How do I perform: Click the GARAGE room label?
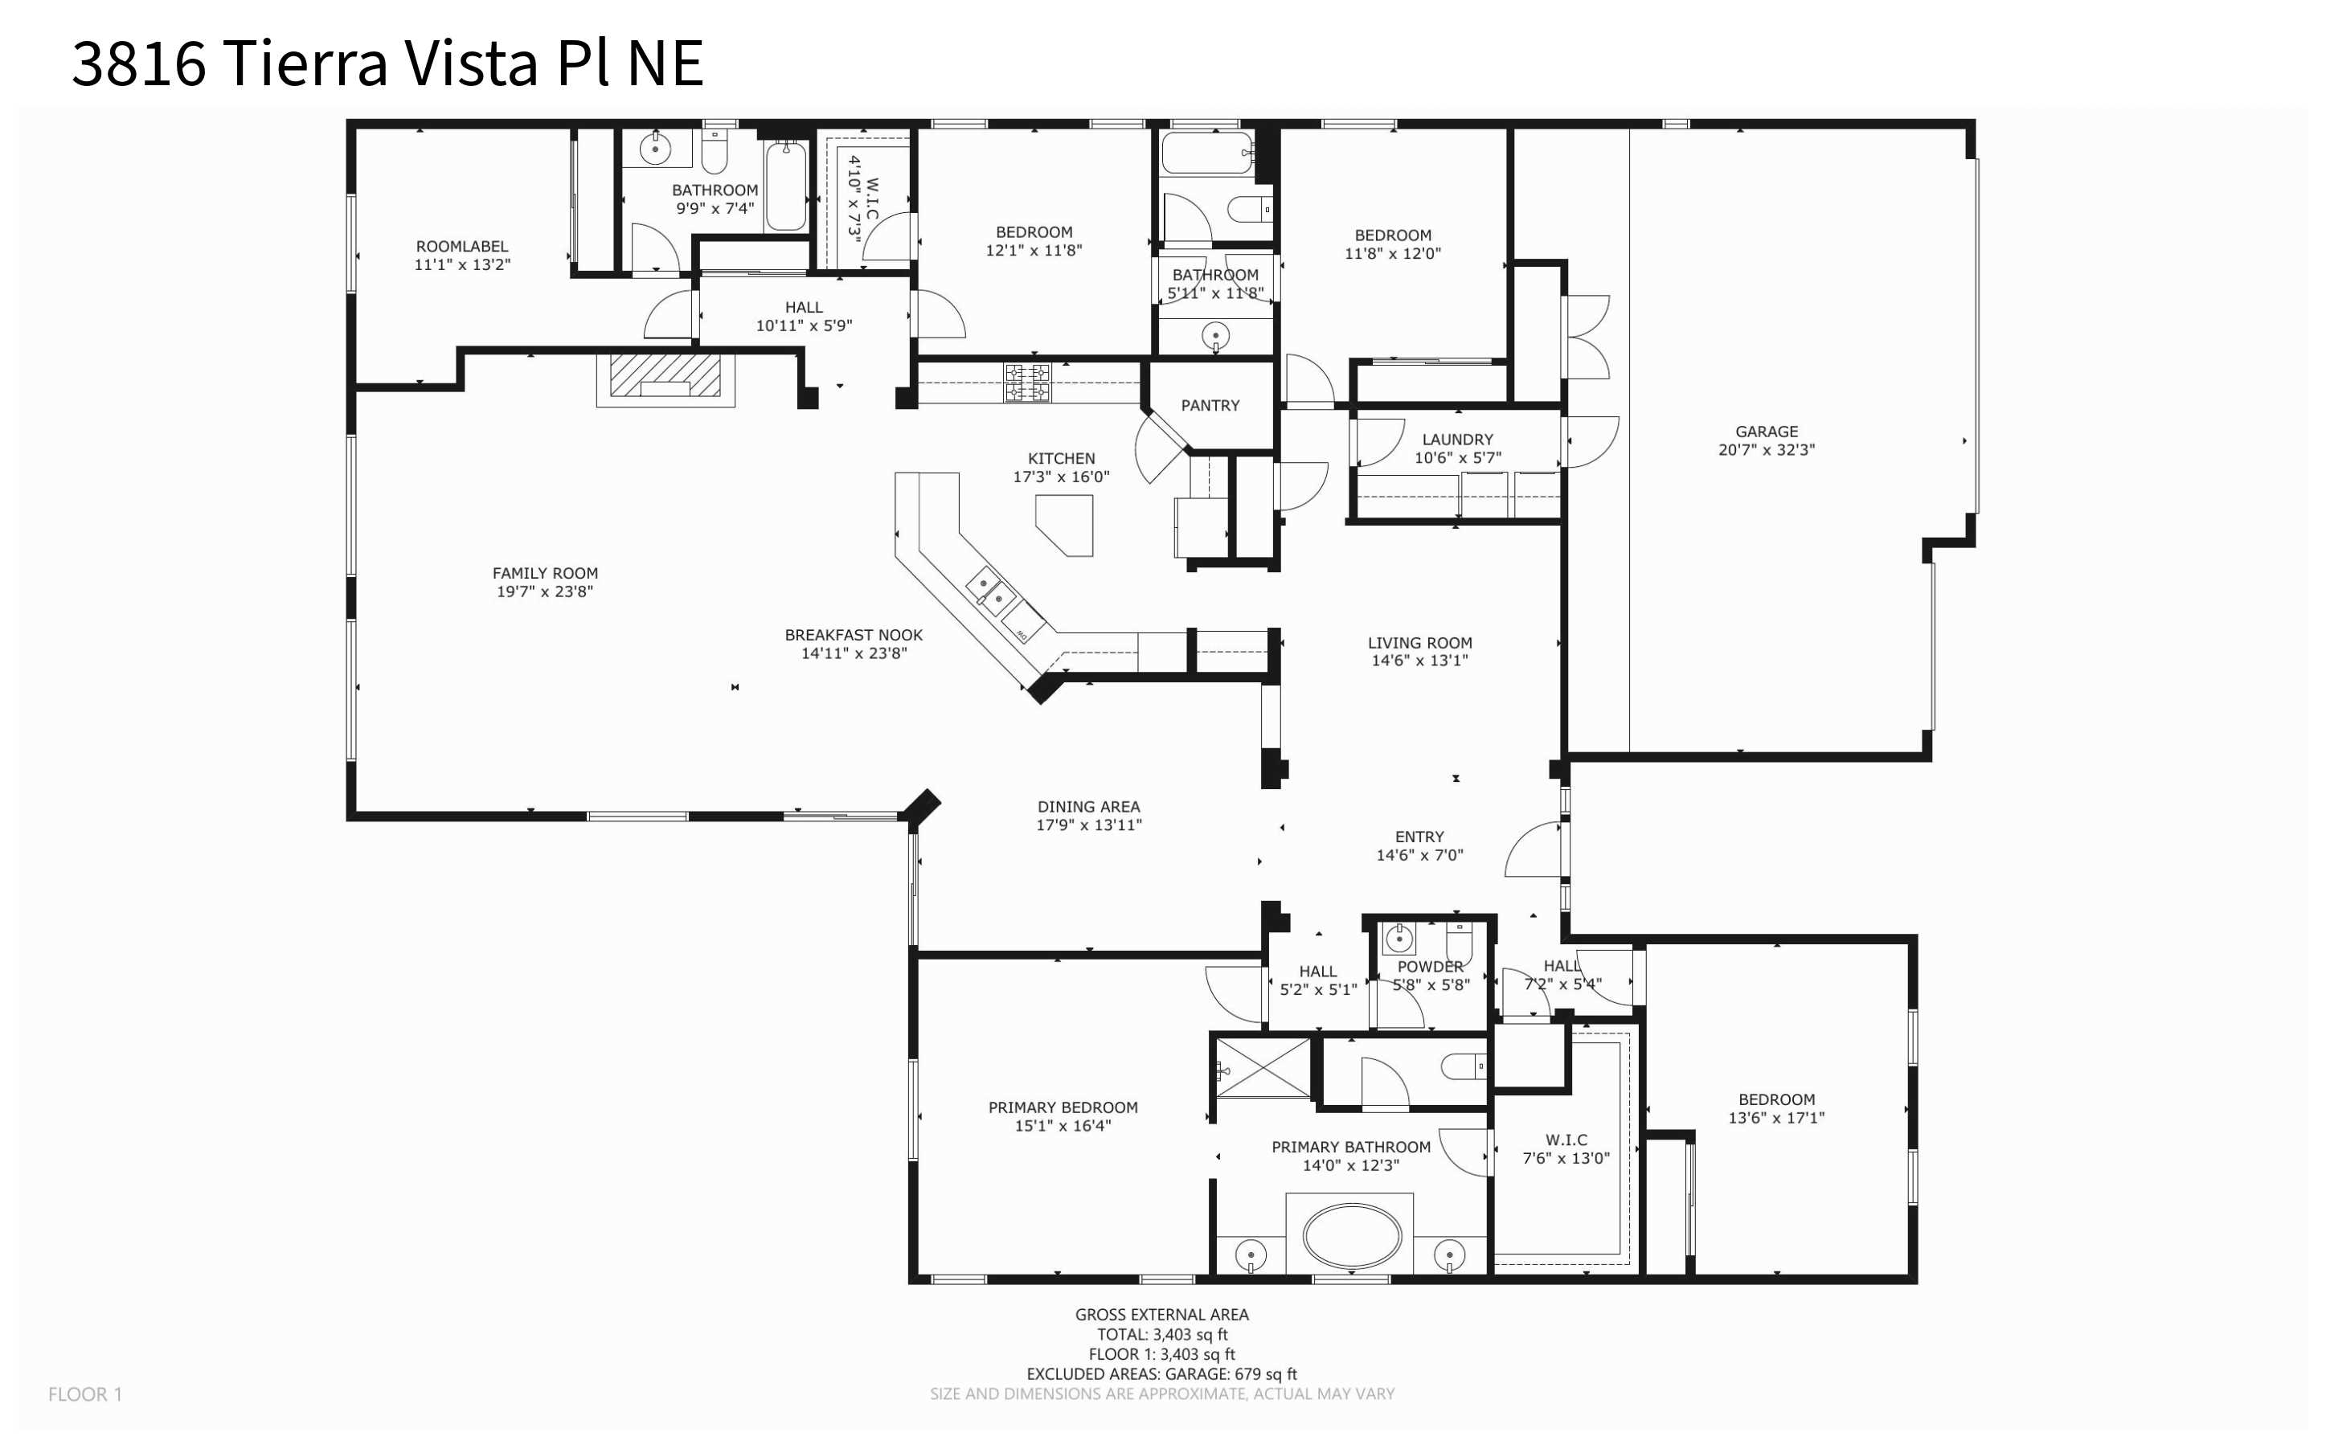pos(1766,432)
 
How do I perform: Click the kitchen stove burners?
pos(1027,383)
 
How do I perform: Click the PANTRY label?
pos(1210,406)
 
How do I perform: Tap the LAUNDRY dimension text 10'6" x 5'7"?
pos(1456,458)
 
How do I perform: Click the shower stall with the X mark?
pos(1263,1067)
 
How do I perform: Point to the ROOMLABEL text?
pos(461,247)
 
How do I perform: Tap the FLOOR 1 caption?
pos(85,1394)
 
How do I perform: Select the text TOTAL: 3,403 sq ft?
pos(1161,1334)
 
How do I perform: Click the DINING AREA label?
pos(1088,807)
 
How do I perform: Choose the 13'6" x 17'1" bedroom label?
pos(1775,1118)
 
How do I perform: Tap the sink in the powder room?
pos(1398,938)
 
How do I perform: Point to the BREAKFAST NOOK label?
pos(853,635)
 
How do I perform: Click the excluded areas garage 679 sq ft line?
pos(1161,1373)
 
